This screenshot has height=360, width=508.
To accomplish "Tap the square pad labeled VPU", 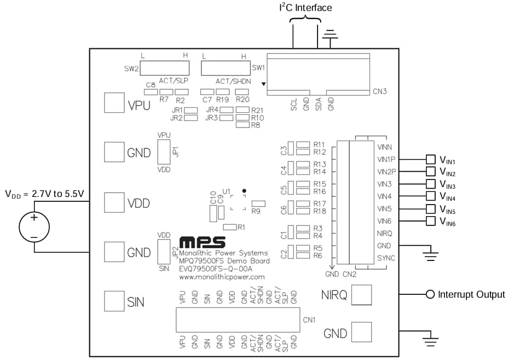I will tap(114, 102).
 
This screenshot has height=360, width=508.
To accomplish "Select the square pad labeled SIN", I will tap(114, 300).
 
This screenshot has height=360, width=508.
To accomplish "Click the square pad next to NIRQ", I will tap(361, 295).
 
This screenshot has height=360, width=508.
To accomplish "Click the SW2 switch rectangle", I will tap(165, 68).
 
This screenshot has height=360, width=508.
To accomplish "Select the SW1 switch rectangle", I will tap(226, 68).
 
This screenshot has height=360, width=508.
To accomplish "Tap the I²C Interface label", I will tap(305, 8).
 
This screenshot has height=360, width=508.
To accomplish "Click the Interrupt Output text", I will tap(471, 295).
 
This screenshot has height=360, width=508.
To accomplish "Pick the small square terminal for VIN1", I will tap(431, 159).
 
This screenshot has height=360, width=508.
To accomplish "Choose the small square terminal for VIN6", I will tap(431, 221).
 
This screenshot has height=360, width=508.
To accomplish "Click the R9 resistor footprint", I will tap(258, 204).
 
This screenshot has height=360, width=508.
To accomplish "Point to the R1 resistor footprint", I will tap(230, 227).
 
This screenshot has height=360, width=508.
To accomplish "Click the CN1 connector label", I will tap(309, 320).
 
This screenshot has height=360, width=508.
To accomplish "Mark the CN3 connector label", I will tap(380, 91).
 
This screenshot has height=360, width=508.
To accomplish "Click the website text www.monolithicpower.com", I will tap(222, 277).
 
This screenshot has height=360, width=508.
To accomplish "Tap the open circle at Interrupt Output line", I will tap(430, 295).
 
